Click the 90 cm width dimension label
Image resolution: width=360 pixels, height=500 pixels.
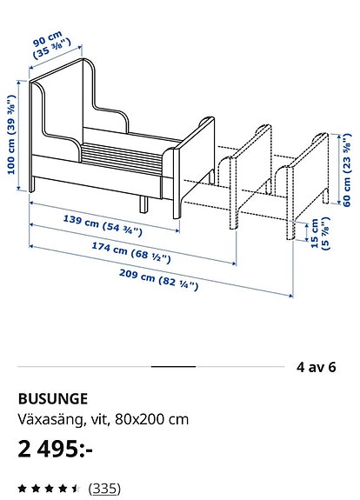click(x=51, y=45)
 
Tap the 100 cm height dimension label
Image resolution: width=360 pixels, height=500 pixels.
click(x=11, y=134)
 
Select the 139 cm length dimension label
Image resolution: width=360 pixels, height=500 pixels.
click(x=103, y=225)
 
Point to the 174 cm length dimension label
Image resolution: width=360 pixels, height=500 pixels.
click(x=131, y=252)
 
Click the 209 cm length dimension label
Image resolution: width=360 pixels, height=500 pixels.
click(x=159, y=280)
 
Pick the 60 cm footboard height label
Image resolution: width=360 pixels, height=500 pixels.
click(x=347, y=170)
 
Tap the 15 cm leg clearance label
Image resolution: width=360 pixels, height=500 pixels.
click(x=320, y=233)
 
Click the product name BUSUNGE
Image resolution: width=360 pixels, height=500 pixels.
click(x=53, y=399)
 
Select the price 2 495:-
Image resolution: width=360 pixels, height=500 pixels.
click(x=55, y=449)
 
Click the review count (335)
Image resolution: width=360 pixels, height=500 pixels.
click(x=104, y=488)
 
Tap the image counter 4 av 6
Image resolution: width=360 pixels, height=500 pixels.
click(x=316, y=367)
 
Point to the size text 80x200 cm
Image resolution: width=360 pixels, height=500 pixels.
click(x=152, y=419)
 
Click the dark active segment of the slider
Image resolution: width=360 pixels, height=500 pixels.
click(x=173, y=367)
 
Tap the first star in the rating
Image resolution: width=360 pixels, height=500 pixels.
click(x=23, y=488)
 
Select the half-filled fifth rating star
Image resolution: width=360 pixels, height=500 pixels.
click(x=76, y=488)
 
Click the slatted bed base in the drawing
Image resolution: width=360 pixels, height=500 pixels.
click(x=121, y=158)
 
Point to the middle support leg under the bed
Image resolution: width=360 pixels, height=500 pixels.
click(x=143, y=204)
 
